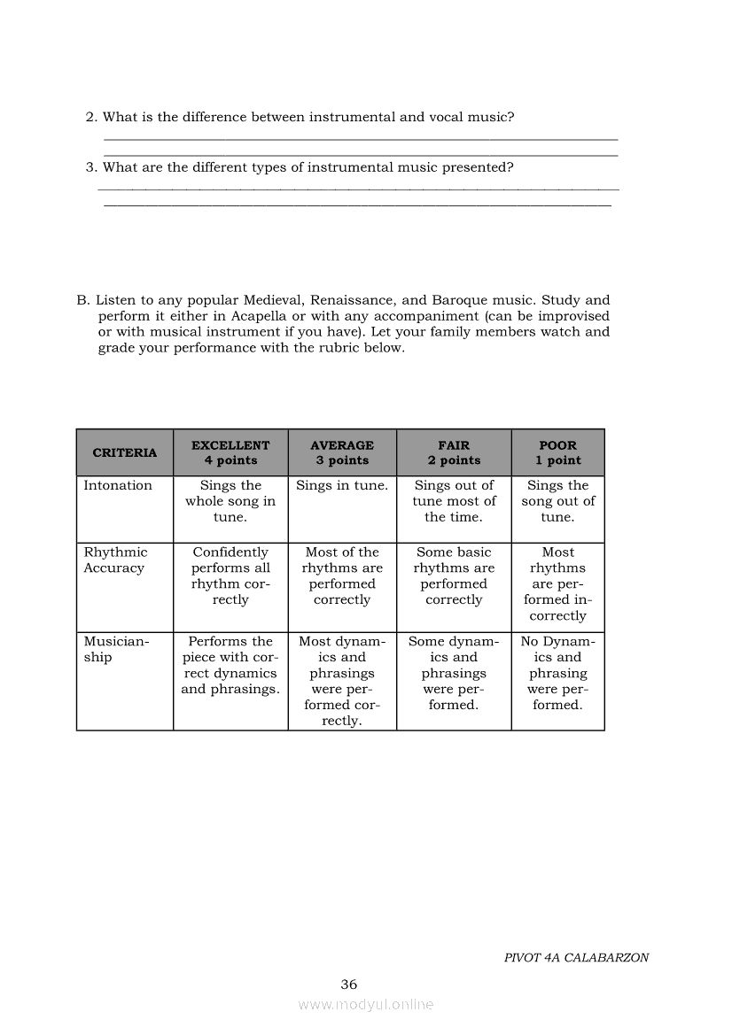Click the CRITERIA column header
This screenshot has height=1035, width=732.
tap(124, 453)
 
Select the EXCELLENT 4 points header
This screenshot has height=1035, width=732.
tap(230, 453)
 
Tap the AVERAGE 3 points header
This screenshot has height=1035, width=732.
tap(342, 453)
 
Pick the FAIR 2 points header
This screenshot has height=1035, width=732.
tap(454, 453)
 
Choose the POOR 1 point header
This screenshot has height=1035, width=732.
tap(557, 453)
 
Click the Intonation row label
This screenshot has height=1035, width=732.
tap(118, 485)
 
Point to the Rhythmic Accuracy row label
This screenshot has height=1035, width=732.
tap(115, 560)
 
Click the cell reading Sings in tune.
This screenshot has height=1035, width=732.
tap(342, 485)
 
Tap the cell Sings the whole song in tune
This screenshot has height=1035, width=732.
tap(230, 501)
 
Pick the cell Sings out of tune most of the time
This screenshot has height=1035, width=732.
tap(454, 501)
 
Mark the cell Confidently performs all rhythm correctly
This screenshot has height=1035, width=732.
tap(230, 576)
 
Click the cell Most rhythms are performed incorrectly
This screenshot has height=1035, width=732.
tap(557, 584)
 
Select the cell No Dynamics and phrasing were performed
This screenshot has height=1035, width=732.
tap(557, 673)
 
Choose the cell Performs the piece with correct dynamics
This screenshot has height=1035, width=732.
tap(230, 665)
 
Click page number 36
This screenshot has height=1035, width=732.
tap(349, 985)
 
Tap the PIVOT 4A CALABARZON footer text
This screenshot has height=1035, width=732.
tap(576, 958)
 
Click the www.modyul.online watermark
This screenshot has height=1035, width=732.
tap(366, 1005)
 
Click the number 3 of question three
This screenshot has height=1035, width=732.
tap(90, 167)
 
